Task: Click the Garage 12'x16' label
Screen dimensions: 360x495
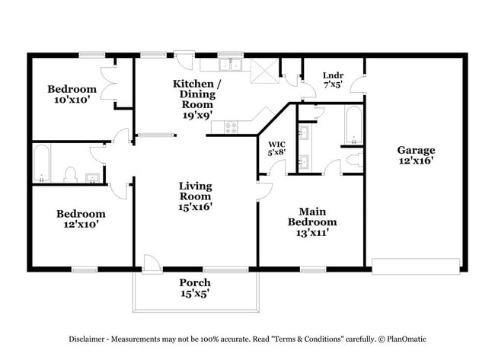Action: point(416,155)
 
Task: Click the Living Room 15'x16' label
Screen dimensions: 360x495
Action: point(195,196)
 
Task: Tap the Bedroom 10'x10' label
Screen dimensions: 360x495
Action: point(72,94)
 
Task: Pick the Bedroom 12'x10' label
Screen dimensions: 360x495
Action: point(81,219)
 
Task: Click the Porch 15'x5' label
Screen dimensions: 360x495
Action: point(195,288)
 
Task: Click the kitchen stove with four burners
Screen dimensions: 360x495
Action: point(232,129)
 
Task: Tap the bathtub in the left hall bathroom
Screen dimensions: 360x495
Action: point(42,163)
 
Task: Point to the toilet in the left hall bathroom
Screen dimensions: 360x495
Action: point(69,175)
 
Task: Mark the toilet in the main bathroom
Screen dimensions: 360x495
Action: point(353,161)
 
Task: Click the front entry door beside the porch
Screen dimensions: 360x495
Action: point(152,262)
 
